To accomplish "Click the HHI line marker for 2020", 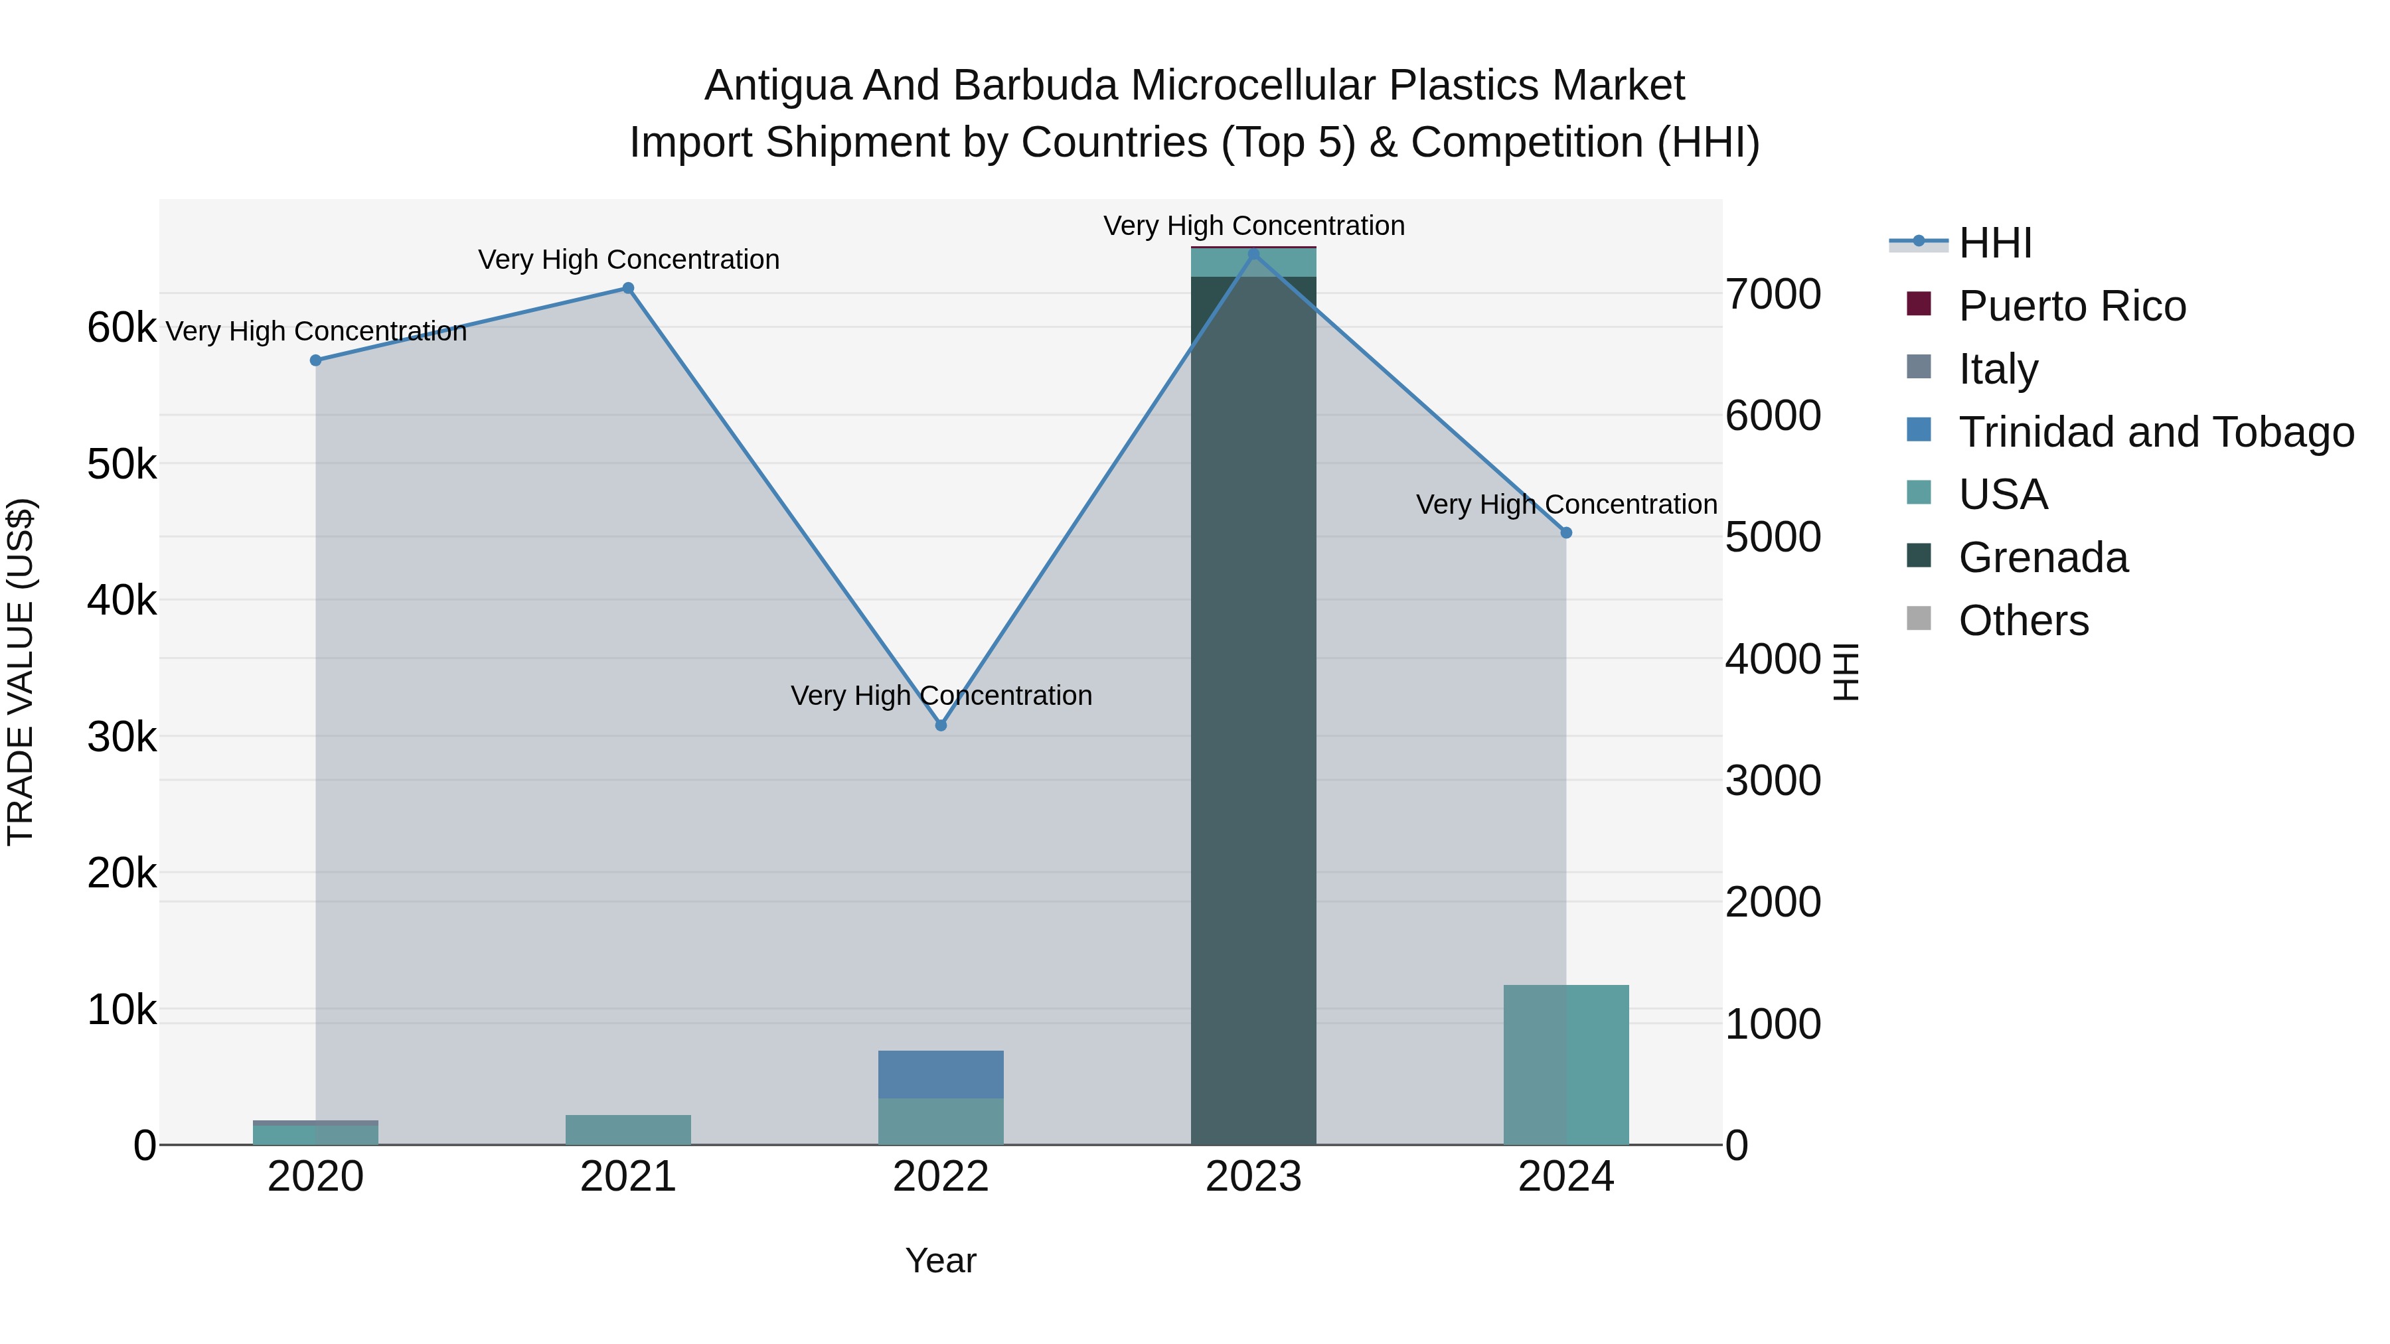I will tap(315, 360).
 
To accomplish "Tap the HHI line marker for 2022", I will tap(941, 725).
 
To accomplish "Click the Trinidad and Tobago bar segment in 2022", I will tap(941, 1074).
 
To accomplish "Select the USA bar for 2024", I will tap(1566, 1065).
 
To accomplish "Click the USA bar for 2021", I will tap(628, 1130).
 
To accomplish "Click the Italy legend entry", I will tap(1998, 369).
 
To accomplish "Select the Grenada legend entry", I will tap(2042, 558).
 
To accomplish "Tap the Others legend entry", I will tap(2023, 621).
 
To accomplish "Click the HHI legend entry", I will tap(1995, 243).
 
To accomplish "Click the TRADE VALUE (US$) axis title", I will tap(21, 672).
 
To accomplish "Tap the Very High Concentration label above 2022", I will tap(941, 696).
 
